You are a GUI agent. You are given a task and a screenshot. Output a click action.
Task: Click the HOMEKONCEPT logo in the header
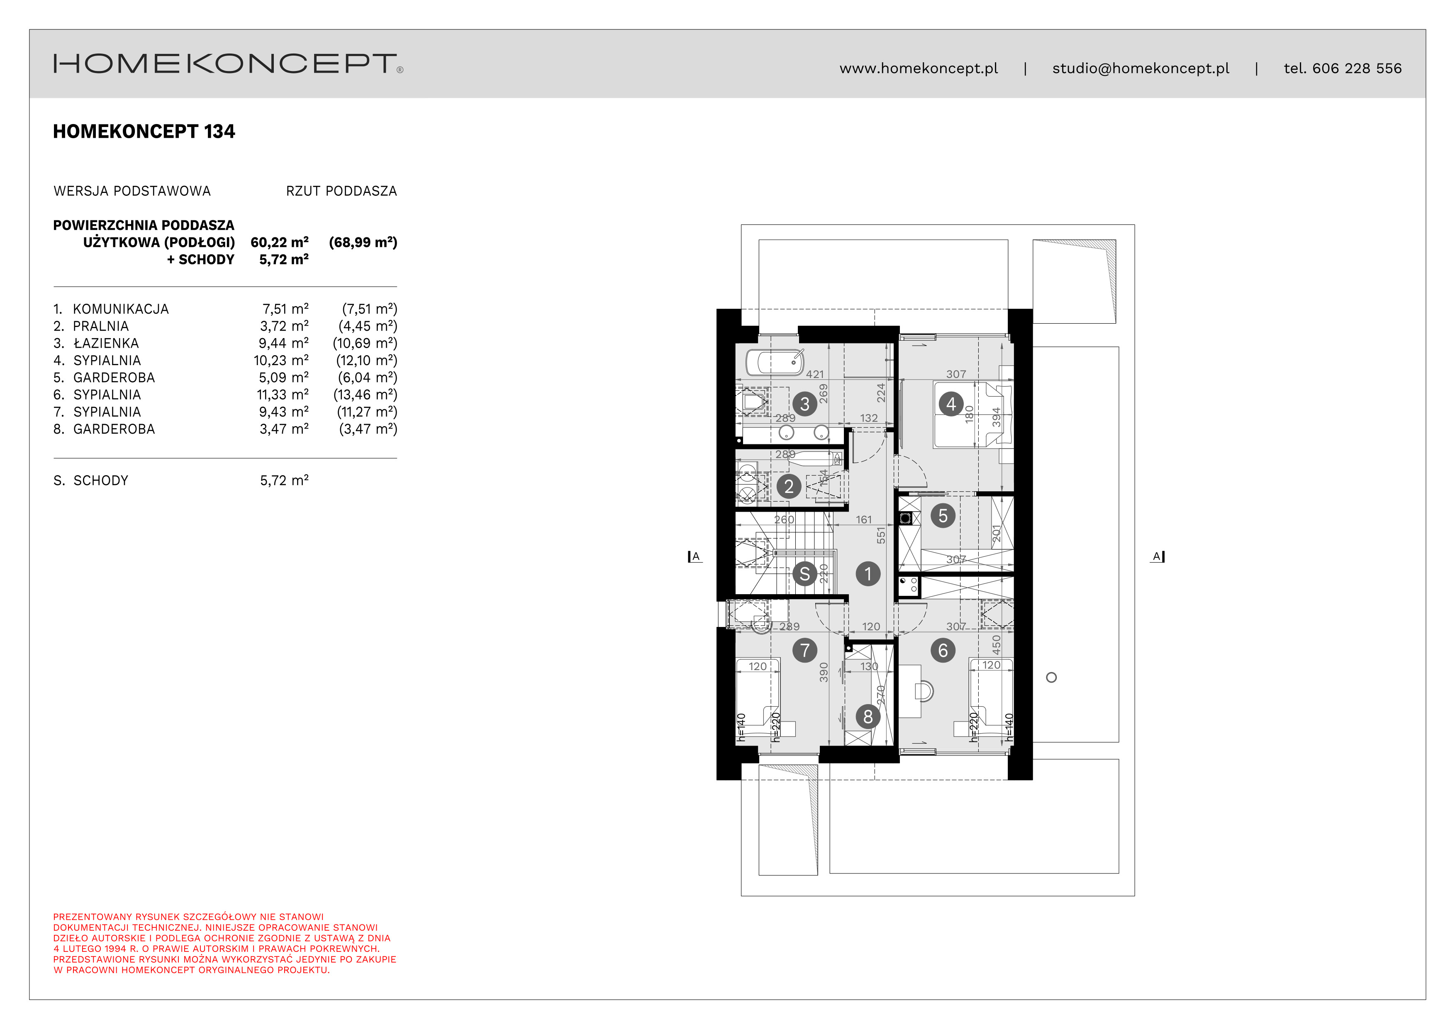[x=228, y=64]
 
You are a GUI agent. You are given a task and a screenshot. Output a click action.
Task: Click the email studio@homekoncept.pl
[x=1140, y=68]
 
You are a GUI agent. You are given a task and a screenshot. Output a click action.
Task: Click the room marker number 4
[x=951, y=404]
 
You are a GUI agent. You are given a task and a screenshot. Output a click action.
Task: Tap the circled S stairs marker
[x=804, y=574]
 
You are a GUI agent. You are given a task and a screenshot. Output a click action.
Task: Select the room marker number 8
[x=868, y=717]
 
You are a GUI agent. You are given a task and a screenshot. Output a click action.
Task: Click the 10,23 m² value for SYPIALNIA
[x=281, y=361]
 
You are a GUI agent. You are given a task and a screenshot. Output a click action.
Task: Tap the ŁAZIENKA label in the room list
[x=106, y=344]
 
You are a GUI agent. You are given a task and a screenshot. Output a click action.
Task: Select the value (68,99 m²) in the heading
[x=363, y=242]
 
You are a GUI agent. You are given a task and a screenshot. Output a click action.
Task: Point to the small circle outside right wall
[x=1051, y=677]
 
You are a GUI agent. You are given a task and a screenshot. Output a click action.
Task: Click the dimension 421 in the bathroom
[x=814, y=375]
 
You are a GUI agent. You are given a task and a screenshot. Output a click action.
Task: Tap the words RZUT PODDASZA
[x=341, y=191]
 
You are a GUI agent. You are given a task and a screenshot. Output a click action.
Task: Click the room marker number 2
[x=788, y=487]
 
